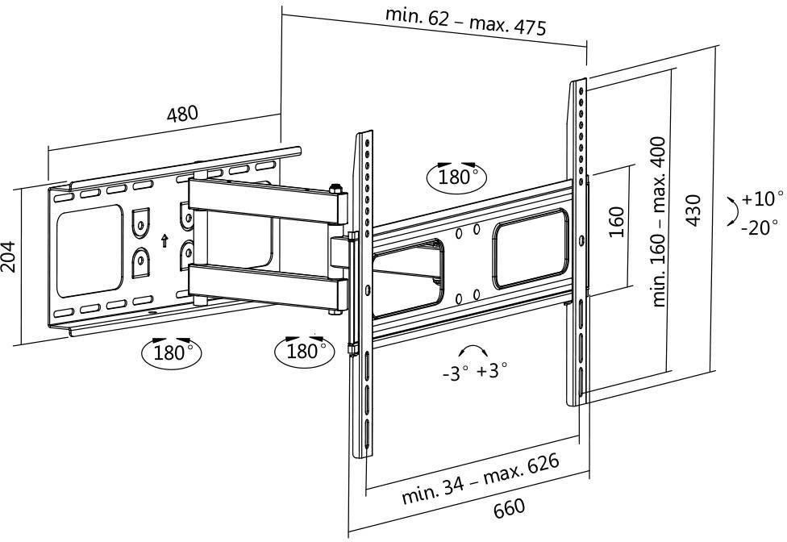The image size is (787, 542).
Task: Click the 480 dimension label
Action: (181, 114)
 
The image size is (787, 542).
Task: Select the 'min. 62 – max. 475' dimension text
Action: (465, 22)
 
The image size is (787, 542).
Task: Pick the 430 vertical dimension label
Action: (693, 211)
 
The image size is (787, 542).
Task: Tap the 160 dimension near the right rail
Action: (617, 222)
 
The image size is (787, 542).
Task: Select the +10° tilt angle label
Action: (763, 198)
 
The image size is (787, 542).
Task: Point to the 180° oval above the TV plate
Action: (458, 177)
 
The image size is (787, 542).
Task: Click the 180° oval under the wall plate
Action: (171, 352)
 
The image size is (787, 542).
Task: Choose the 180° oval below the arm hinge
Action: (305, 351)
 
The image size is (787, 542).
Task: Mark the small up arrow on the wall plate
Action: (164, 240)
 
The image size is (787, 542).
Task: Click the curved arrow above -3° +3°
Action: (473, 352)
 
